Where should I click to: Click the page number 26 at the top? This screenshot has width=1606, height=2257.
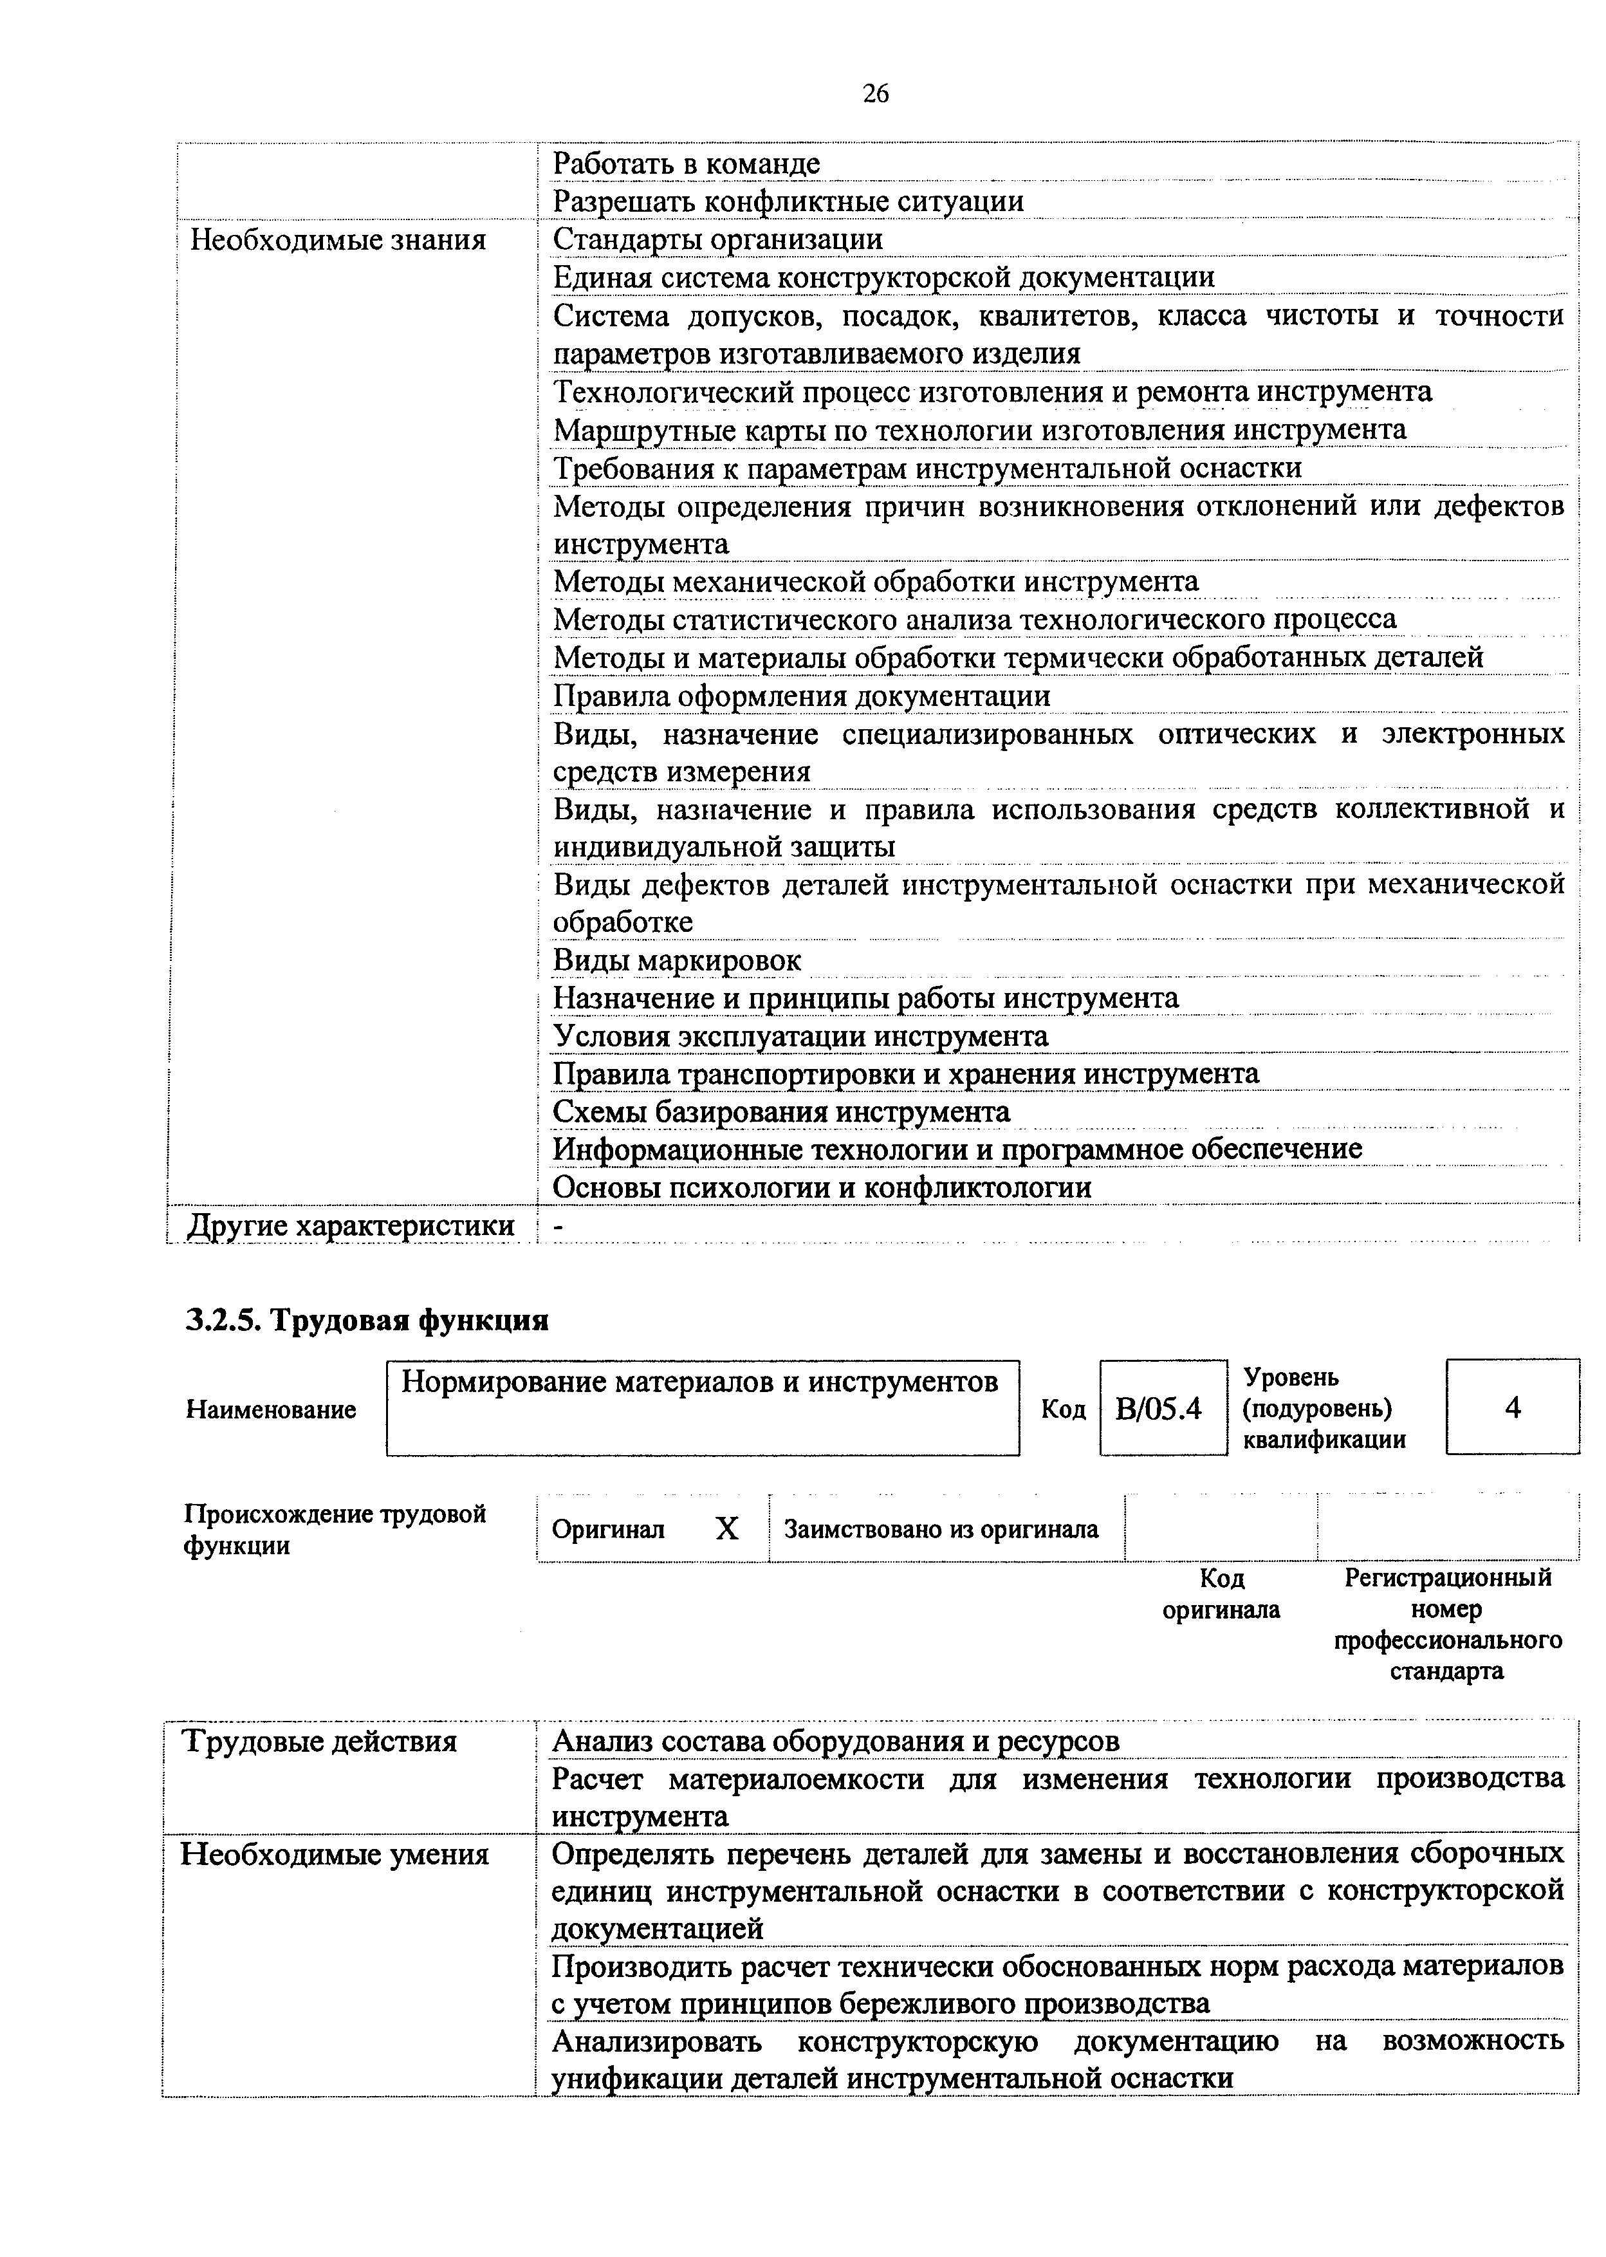875,94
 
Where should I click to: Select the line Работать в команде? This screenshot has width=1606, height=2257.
687,163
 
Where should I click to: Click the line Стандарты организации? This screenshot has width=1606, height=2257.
718,239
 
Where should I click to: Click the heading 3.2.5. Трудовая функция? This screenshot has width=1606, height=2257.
367,1321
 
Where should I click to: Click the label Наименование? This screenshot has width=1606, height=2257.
271,1409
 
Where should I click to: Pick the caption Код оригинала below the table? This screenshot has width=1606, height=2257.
1221,1593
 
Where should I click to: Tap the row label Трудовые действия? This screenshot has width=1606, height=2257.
319,1742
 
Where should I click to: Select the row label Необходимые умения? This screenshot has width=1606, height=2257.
334,1855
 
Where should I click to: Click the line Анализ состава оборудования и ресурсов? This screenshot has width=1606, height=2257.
836,1742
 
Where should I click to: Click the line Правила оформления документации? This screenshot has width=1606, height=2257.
801,696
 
